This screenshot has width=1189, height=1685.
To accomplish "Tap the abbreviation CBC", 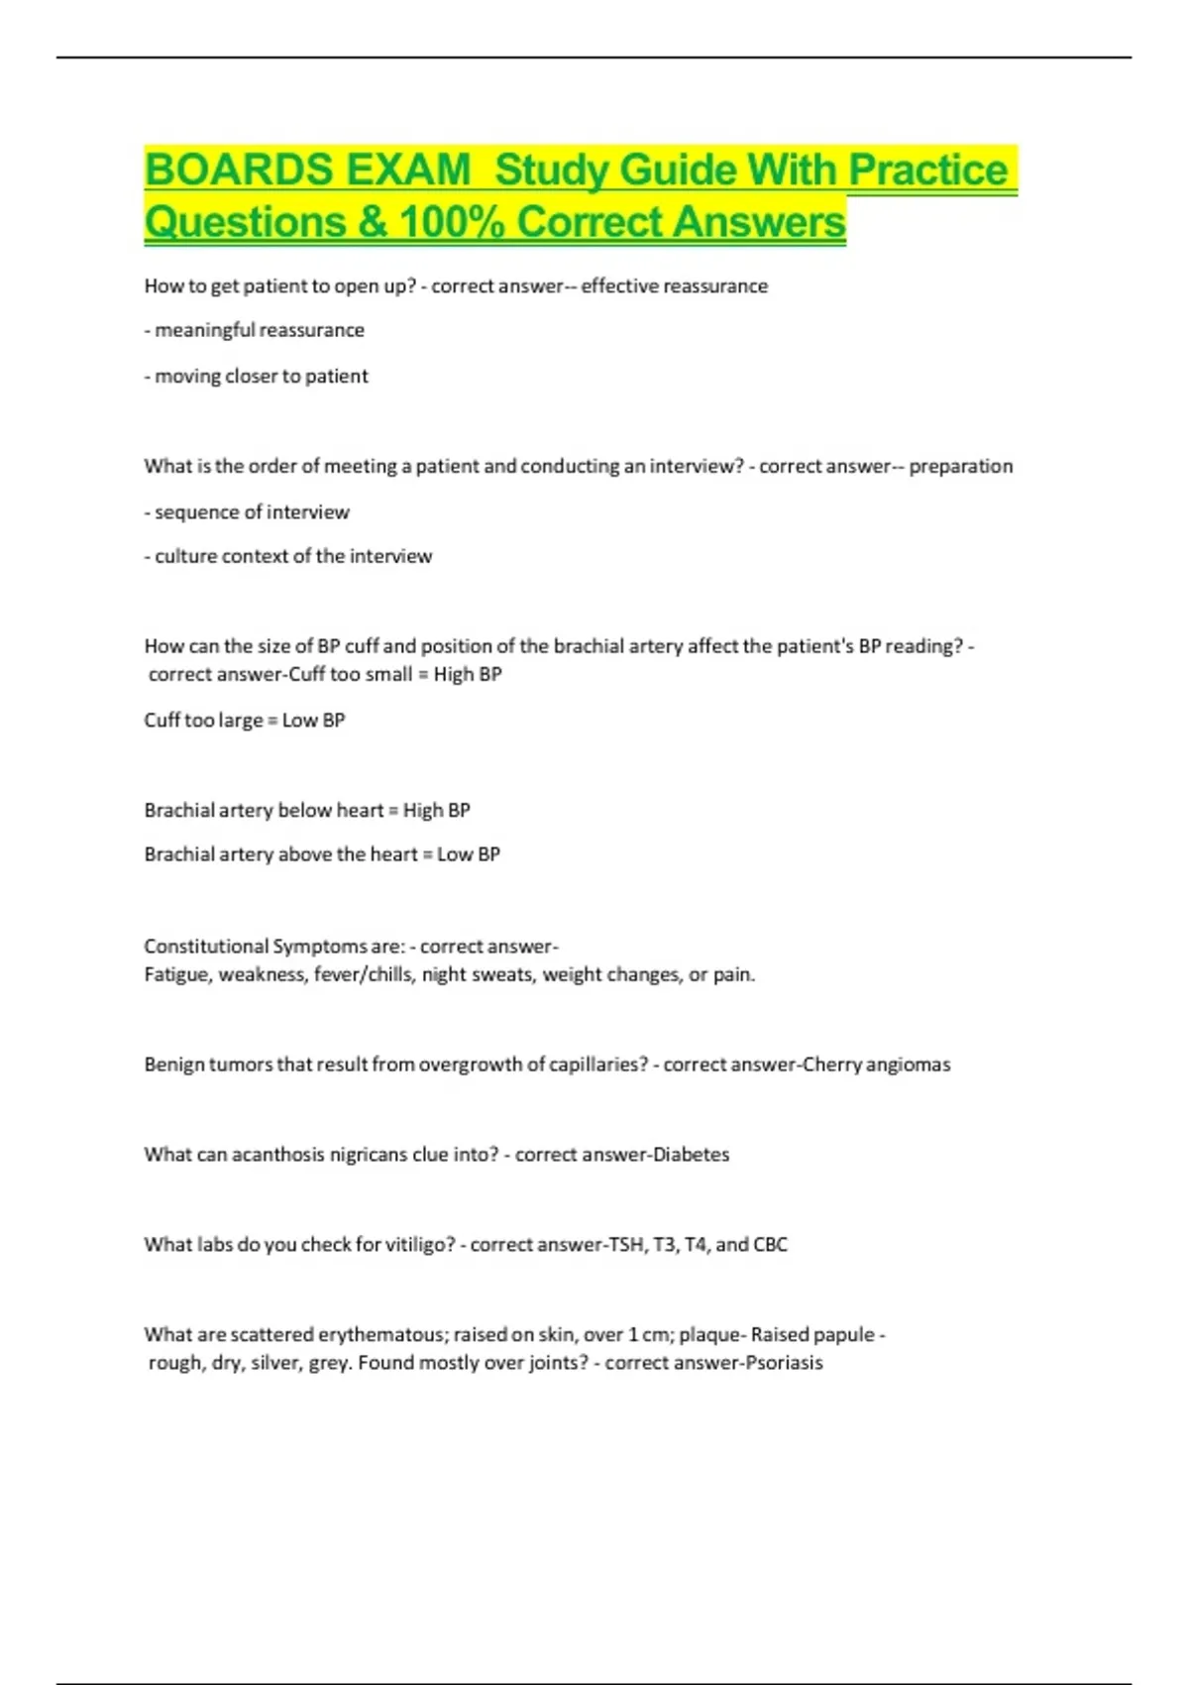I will pos(770,1245).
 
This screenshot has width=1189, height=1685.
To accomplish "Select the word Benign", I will pos(173,1065).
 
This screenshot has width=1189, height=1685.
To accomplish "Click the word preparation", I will pos(961,467).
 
